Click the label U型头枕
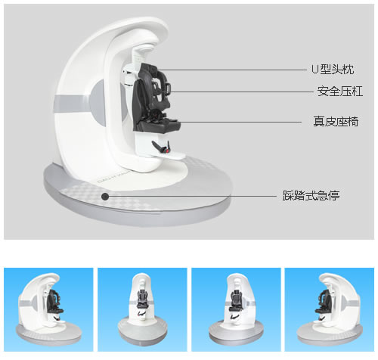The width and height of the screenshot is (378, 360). [x=333, y=70]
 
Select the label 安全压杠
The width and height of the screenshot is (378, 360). [x=340, y=91]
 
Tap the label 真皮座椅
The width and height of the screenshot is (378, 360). [x=336, y=122]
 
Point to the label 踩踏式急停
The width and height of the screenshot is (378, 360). [x=311, y=196]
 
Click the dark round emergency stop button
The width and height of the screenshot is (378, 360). [x=105, y=197]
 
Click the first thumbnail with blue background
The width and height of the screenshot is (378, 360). [x=48, y=309]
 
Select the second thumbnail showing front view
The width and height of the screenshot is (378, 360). [x=142, y=309]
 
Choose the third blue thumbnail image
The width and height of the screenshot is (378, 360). [x=236, y=309]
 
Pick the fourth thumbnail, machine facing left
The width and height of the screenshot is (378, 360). [x=330, y=309]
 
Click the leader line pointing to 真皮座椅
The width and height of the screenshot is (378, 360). [x=240, y=122]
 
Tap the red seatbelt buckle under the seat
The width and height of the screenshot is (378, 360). [x=166, y=151]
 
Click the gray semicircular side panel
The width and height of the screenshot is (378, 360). [x=98, y=103]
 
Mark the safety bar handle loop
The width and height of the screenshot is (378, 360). [x=169, y=88]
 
